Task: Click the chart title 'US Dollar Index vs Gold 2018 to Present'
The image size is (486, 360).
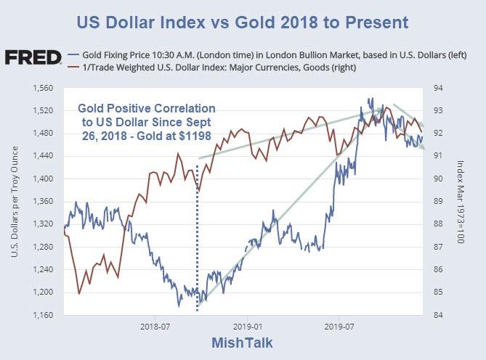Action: click(243, 22)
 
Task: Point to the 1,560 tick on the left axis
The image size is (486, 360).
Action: click(44, 88)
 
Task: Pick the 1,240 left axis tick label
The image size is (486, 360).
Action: click(44, 269)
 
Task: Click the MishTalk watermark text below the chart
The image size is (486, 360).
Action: click(242, 343)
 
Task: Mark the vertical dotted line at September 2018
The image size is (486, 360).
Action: click(198, 240)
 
